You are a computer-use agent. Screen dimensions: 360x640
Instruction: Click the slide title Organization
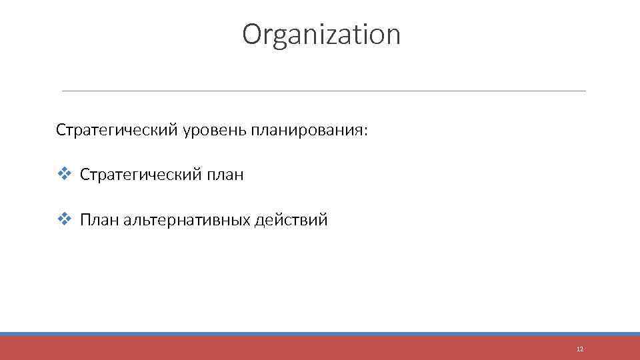(x=321, y=35)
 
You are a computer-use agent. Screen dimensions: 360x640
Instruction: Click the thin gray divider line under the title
(x=323, y=91)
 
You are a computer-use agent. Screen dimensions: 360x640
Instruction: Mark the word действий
(x=291, y=220)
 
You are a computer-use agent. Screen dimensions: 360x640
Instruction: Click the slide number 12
(x=579, y=349)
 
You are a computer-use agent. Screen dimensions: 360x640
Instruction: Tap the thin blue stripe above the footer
(x=320, y=334)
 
